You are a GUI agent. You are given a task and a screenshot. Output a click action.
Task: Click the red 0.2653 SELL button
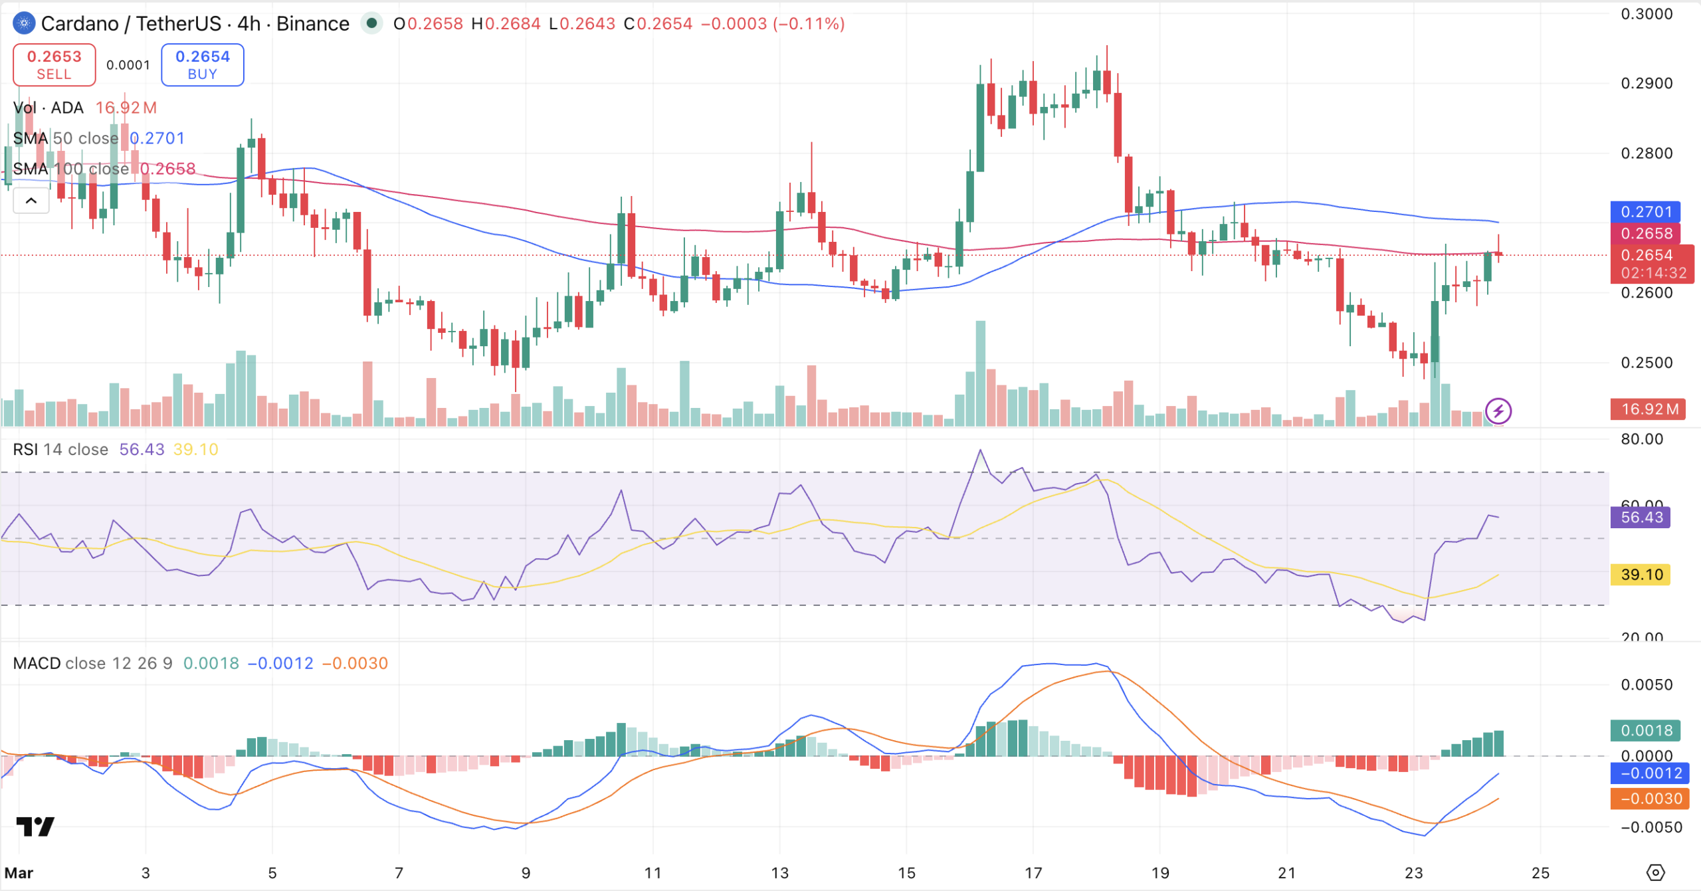point(54,64)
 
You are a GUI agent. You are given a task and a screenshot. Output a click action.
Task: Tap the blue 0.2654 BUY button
point(202,64)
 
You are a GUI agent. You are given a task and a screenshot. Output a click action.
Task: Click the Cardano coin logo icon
point(24,24)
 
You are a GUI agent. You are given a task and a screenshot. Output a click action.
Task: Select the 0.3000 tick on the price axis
point(1647,14)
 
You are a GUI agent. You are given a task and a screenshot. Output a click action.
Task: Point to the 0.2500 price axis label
point(1647,363)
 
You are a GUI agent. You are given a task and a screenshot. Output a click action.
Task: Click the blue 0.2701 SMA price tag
point(1645,212)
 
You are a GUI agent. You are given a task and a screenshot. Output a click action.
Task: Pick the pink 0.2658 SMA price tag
point(1645,233)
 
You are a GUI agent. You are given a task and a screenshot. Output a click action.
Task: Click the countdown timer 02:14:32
point(1652,273)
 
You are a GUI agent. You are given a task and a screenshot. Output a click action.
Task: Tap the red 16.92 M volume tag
point(1649,409)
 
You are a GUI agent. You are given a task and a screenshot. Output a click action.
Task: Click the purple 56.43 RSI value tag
point(1641,517)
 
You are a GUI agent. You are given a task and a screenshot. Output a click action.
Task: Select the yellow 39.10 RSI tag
point(1641,574)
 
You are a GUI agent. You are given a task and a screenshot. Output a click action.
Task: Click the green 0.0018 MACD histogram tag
point(1645,730)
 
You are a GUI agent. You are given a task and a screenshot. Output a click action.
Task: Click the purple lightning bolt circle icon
point(1498,411)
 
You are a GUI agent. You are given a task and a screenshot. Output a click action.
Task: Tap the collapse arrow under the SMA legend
point(31,201)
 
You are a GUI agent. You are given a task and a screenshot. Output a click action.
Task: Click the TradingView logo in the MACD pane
point(35,827)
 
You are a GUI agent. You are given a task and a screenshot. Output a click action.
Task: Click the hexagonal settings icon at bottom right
point(1655,872)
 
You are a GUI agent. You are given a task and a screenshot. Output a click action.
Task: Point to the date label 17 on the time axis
point(1033,872)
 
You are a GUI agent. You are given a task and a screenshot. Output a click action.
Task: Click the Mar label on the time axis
point(19,872)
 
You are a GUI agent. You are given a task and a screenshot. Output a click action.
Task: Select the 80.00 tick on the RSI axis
point(1642,439)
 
